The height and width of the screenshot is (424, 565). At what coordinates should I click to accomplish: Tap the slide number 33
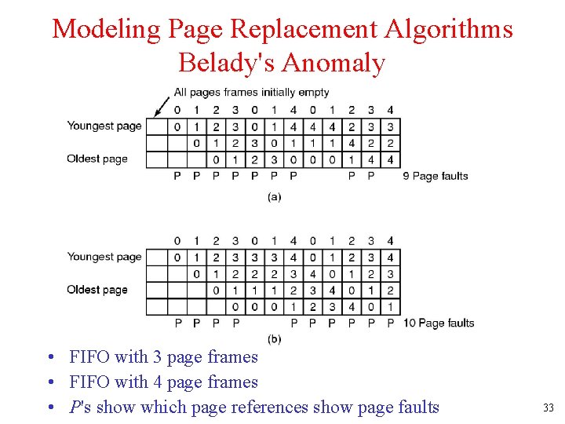click(x=548, y=408)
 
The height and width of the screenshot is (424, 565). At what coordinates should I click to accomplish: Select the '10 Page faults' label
click(x=439, y=323)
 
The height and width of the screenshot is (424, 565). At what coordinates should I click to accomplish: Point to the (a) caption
click(x=274, y=197)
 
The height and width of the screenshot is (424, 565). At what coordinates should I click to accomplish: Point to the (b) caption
click(x=274, y=338)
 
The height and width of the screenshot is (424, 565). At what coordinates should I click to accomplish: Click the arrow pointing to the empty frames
click(x=163, y=105)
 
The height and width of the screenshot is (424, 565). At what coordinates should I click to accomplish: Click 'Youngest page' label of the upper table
click(x=104, y=126)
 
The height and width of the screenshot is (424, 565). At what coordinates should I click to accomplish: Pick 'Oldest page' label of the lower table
click(x=97, y=290)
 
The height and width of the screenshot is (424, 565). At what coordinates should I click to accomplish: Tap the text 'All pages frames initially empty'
click(x=251, y=92)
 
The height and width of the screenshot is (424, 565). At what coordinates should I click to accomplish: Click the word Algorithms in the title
click(x=448, y=29)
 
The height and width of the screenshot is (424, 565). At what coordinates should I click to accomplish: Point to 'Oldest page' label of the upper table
click(x=97, y=159)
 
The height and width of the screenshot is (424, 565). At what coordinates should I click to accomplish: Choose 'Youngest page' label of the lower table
click(x=104, y=257)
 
